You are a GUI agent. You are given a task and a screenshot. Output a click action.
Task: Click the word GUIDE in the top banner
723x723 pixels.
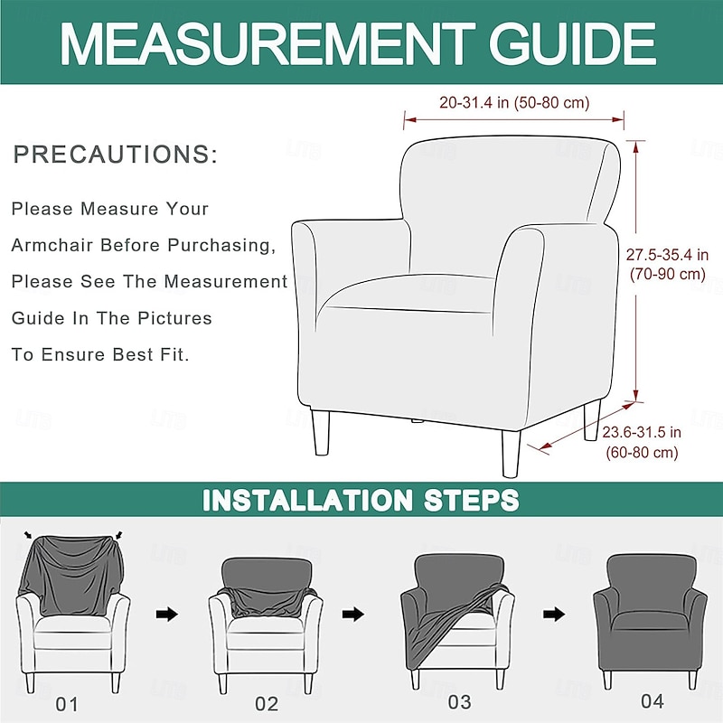[x=573, y=43]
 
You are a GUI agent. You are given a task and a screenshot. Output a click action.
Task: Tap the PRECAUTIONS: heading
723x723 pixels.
[x=116, y=154]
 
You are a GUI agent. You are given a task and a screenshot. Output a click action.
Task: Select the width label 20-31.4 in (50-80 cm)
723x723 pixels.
[x=514, y=102]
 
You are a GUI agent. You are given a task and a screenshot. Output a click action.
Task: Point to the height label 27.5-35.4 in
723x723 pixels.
[x=667, y=254]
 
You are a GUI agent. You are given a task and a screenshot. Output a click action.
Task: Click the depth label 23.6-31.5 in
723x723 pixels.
[x=642, y=432]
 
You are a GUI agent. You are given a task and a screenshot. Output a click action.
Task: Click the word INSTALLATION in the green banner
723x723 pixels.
[x=307, y=500]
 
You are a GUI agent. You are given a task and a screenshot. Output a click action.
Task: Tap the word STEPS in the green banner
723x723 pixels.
[x=471, y=500]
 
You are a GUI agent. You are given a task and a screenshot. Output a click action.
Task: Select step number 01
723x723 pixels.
[x=67, y=704]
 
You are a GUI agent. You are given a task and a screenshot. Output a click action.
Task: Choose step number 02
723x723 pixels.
[x=267, y=704]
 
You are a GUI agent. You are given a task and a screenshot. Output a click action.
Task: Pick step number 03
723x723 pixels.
[x=459, y=702]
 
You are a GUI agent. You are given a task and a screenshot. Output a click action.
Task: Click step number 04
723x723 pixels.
[x=653, y=701]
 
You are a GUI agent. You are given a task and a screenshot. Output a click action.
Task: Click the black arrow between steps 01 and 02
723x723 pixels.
[x=167, y=615]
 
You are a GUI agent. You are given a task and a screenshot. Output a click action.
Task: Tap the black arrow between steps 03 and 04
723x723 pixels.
[x=554, y=615]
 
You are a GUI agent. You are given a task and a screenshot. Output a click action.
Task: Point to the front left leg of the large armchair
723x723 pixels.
[x=321, y=433]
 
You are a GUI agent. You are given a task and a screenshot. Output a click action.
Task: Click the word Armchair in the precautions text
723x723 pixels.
[x=52, y=245]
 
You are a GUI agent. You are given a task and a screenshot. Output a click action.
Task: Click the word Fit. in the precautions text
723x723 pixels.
[x=174, y=354]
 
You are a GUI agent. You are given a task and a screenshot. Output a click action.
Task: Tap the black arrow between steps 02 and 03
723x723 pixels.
[x=353, y=615]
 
